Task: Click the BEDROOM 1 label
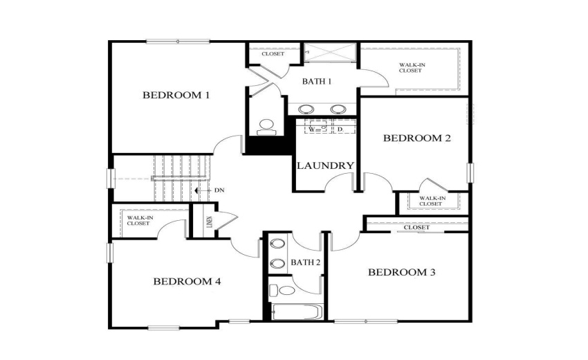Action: [x=176, y=95]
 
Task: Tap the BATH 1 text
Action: [x=317, y=82]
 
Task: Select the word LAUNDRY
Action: [x=325, y=166]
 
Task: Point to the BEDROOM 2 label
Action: [x=416, y=138]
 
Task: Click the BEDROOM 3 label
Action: [x=401, y=272]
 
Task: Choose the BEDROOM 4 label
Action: [x=187, y=281]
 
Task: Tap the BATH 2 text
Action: [x=304, y=262]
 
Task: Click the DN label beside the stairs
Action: [x=219, y=190]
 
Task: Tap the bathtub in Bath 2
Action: [x=296, y=312]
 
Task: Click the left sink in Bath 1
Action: [x=305, y=109]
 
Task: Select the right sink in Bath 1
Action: [x=338, y=109]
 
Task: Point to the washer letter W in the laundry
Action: [x=312, y=129]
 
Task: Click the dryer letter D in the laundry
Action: [x=340, y=129]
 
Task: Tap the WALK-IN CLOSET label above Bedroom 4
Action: [x=140, y=221]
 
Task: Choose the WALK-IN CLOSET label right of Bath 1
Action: [x=410, y=68]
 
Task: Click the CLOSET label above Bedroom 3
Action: [x=416, y=227]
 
